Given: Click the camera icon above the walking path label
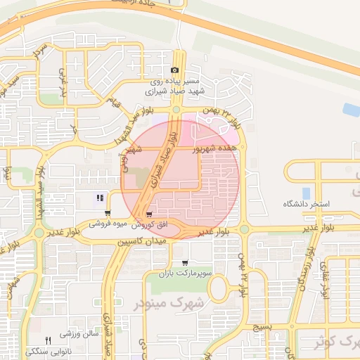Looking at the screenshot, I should pyautogui.click(x=175, y=70).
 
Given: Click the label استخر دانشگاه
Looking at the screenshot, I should pyautogui.click(x=306, y=204).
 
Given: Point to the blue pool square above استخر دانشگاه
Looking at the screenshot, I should pyautogui.click(x=306, y=192).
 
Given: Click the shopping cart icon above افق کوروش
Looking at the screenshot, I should pyautogui.click(x=148, y=214).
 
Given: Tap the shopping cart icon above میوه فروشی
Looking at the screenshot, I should pyautogui.click(x=107, y=214).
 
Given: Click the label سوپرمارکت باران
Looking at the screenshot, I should pyautogui.click(x=185, y=272).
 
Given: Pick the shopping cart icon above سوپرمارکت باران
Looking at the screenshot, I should pyautogui.click(x=185, y=263).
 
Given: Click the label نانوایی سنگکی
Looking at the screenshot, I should pyautogui.click(x=48, y=350).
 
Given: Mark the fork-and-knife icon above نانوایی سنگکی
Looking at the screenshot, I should pyautogui.click(x=48, y=340).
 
